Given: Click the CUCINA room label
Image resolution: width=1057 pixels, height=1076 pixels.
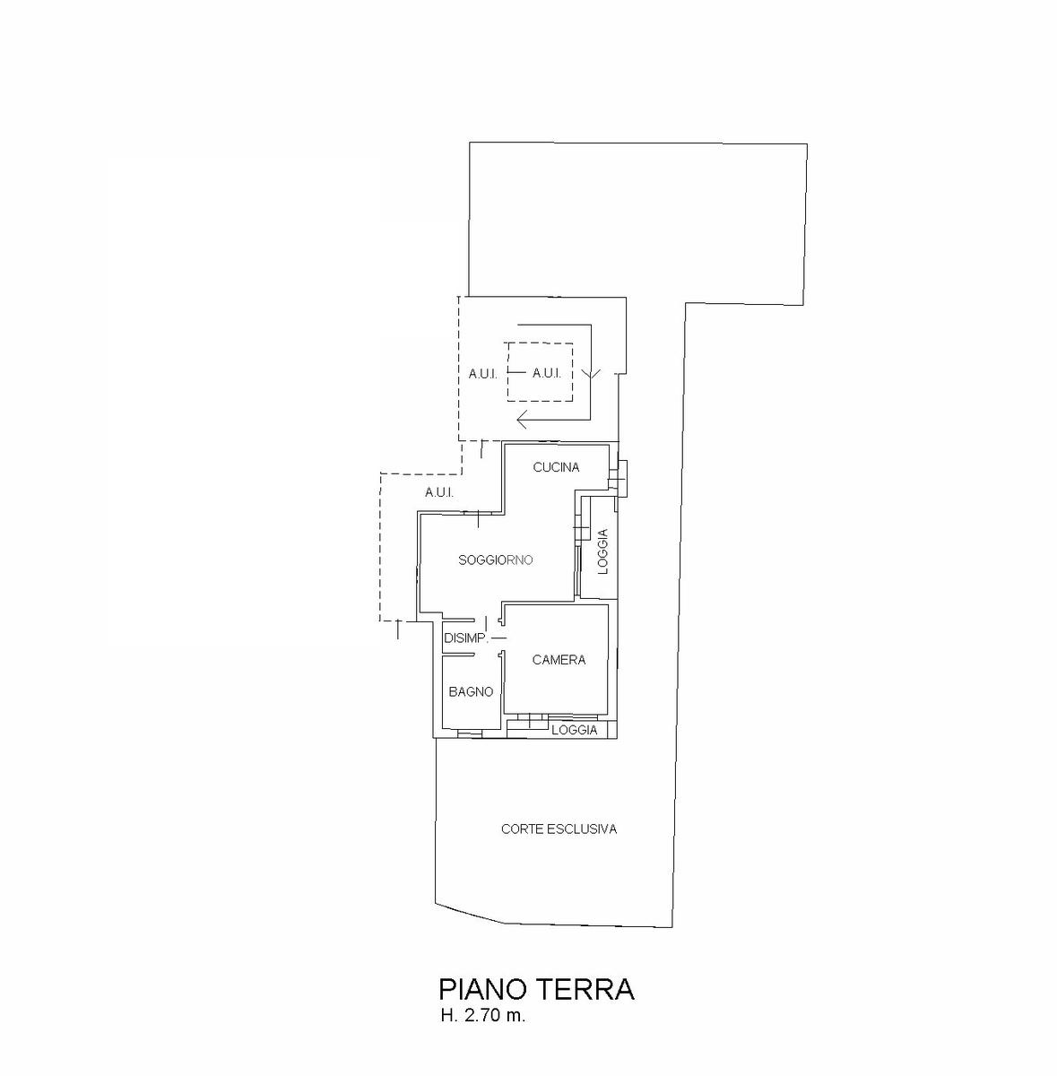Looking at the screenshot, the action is pos(556,467).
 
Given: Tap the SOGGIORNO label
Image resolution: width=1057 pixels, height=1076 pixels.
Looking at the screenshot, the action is pos(495,560).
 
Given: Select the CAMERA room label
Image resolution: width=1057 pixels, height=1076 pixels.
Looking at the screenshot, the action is pos(559,660).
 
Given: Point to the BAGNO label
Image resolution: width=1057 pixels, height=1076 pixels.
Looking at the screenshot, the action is pos(471,692).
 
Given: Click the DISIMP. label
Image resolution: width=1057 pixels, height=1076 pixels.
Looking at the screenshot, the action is pos(466,638).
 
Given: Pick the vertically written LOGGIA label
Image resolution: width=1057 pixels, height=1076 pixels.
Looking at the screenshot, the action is pos(602,551).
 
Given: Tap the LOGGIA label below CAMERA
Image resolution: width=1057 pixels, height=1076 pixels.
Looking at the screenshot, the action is pos(575,730).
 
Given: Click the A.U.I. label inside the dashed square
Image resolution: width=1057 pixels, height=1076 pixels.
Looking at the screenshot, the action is pos(547,373).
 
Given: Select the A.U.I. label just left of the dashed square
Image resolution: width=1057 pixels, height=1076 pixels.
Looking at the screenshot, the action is pos(483,374).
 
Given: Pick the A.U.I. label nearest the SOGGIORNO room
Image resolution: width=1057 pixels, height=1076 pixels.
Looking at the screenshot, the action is pos(439,492).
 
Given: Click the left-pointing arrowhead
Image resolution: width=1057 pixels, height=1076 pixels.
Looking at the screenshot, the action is pos(523,419).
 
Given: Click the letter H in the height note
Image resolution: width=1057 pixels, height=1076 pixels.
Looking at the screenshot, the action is pos(446,1016).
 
